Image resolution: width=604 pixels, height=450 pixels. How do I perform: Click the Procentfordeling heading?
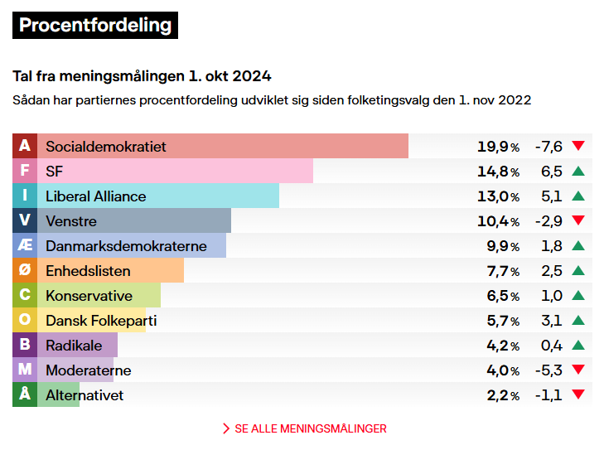[95, 26]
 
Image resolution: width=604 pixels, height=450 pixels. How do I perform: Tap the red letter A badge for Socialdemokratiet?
[25, 147]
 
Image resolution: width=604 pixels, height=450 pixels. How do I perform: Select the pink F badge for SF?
[25, 172]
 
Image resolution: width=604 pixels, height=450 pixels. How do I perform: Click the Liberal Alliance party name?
[95, 196]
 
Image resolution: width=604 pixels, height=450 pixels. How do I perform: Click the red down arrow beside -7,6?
[578, 147]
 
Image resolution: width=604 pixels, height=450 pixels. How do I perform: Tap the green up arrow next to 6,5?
[578, 172]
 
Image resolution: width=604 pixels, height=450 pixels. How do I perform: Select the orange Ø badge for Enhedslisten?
[25, 271]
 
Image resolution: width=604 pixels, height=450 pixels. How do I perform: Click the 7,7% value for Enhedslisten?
[502, 271]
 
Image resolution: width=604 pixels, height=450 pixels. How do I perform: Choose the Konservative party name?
[89, 296]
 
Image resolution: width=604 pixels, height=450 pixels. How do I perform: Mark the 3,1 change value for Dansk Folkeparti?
[552, 321]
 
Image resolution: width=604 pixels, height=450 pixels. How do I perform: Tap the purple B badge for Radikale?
[25, 346]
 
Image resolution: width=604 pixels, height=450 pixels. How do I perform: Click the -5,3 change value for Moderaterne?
[548, 370]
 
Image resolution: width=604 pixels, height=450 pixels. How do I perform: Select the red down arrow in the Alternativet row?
[578, 395]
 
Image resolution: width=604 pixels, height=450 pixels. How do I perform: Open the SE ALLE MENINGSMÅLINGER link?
[304, 428]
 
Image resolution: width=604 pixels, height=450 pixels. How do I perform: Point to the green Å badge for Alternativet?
[25, 395]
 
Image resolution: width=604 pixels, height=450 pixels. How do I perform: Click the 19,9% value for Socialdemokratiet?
[498, 147]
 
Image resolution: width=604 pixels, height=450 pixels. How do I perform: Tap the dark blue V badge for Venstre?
[25, 221]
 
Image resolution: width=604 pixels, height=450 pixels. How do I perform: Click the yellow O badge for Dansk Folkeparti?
[25, 321]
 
